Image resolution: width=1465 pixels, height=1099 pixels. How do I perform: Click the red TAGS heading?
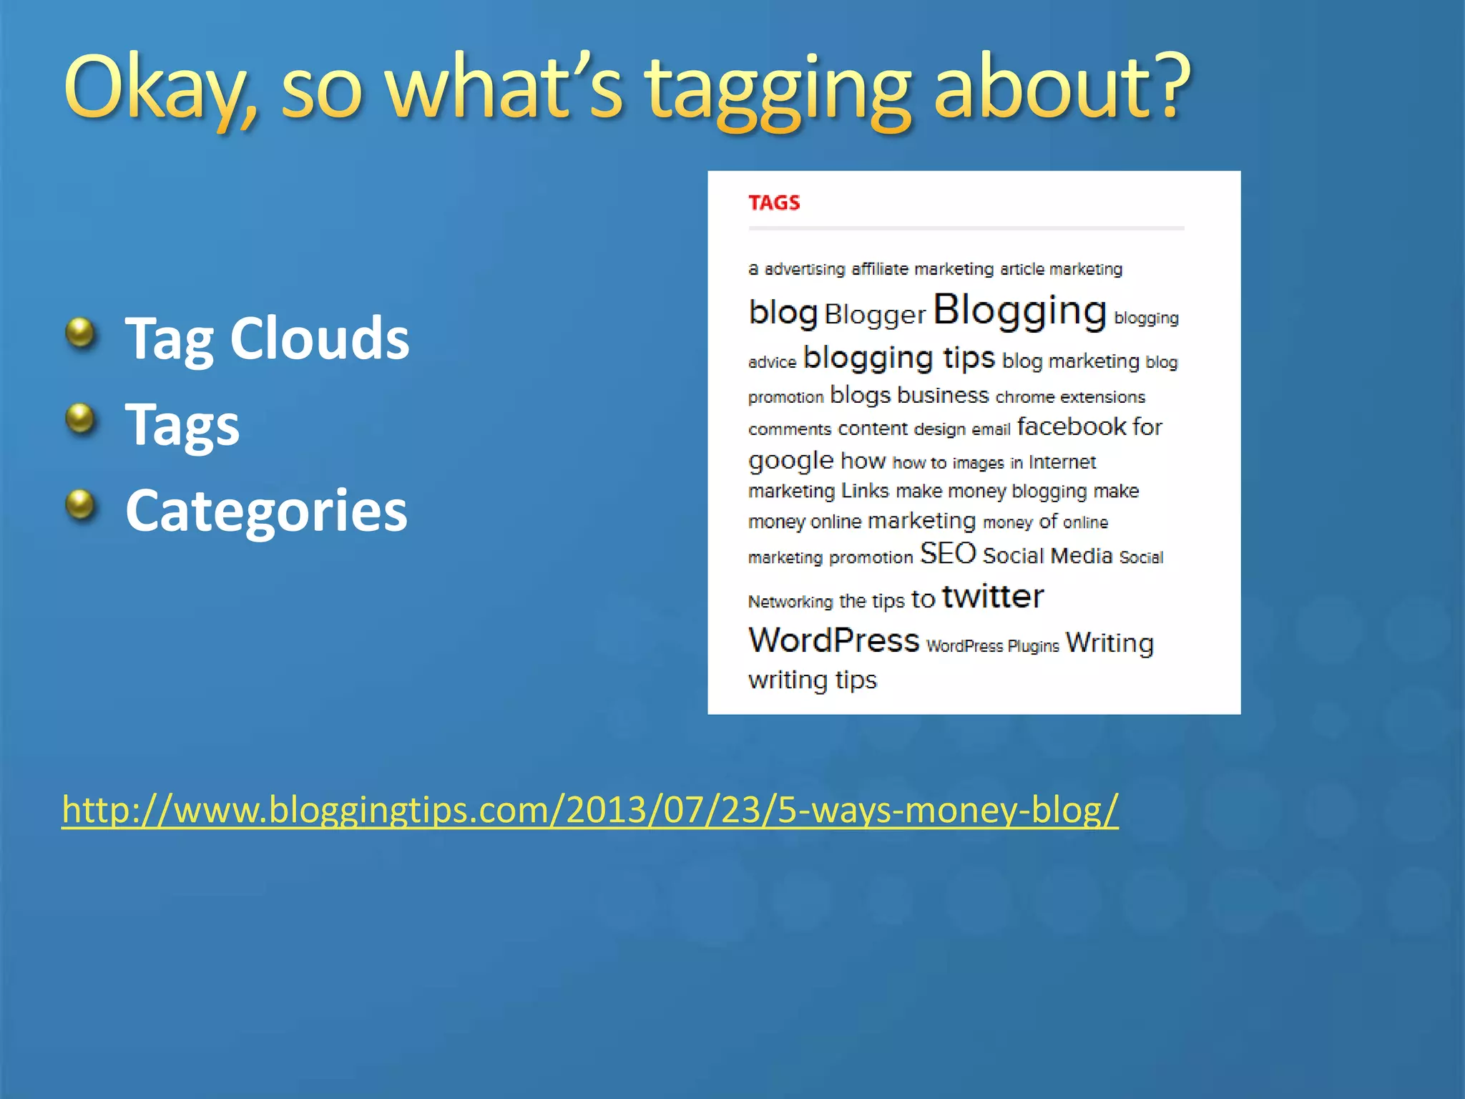[x=774, y=202]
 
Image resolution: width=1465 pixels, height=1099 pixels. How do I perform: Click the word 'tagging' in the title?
[x=778, y=89]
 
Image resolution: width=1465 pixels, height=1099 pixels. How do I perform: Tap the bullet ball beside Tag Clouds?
[x=80, y=333]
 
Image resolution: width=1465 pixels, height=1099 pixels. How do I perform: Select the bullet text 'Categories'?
[x=266, y=510]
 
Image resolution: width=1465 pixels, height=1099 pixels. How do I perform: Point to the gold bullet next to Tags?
[x=80, y=419]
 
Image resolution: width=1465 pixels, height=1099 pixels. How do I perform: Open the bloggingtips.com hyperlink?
[x=589, y=809]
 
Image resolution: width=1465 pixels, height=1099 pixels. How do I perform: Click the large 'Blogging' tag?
[x=1019, y=311]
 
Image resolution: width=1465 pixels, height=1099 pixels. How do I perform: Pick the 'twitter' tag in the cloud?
[x=993, y=596]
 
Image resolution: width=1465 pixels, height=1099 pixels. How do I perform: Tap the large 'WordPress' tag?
[x=833, y=640]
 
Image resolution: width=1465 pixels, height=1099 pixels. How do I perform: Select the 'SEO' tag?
[x=948, y=553]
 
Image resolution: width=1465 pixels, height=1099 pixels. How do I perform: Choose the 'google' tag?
[x=790, y=460]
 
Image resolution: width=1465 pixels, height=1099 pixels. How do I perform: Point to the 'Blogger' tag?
[x=875, y=315]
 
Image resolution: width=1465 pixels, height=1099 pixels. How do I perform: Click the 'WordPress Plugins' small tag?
[x=992, y=646]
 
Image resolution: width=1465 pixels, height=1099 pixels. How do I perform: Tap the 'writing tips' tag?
[x=812, y=680]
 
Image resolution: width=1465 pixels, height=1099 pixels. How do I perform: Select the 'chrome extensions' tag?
[x=1070, y=397]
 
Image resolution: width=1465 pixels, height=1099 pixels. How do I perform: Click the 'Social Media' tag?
[x=1047, y=556]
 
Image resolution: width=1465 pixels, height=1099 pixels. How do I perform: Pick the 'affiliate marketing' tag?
[x=922, y=269]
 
